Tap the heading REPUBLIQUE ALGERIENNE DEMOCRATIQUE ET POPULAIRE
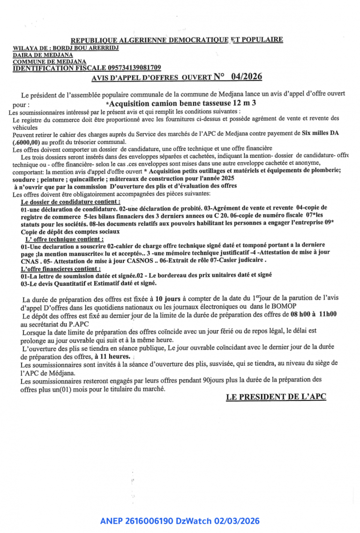click(x=177, y=40)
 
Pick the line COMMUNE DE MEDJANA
click(x=49, y=61)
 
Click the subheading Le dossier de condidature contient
click(x=70, y=201)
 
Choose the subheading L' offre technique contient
click(x=61, y=239)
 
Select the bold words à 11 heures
click(x=112, y=356)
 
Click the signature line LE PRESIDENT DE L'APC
click(x=276, y=397)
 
